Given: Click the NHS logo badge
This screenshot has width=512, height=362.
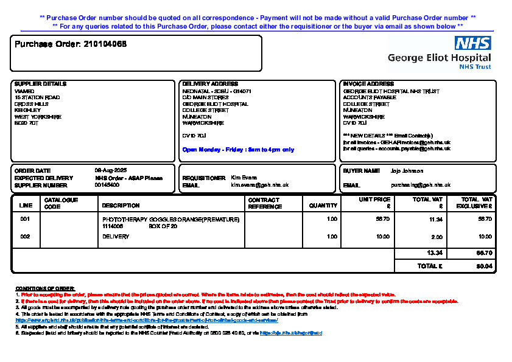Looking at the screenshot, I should [472, 43].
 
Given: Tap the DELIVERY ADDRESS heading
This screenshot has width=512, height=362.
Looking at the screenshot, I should [210, 84].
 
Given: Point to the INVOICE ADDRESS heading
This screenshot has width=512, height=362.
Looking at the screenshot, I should [368, 84].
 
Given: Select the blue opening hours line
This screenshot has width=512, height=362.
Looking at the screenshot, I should [238, 149].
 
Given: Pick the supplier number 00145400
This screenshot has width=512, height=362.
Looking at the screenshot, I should [107, 185].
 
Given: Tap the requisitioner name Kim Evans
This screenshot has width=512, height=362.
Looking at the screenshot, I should [244, 178].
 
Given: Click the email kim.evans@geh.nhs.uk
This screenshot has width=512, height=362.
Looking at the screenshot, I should [259, 185].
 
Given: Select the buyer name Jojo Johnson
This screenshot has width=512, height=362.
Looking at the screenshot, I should [407, 171].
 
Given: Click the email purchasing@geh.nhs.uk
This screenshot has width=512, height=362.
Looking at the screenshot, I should [421, 185].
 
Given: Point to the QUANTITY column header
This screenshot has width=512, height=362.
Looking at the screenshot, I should [323, 206].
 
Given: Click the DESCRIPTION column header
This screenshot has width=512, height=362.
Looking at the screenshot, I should [121, 206].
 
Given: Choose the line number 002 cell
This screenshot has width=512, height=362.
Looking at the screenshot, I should [25, 237].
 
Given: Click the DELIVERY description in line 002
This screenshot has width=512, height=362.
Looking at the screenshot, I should [116, 237].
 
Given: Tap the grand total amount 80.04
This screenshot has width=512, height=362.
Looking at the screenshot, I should [485, 266].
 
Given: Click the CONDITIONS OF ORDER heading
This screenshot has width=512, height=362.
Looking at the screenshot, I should [44, 288].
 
